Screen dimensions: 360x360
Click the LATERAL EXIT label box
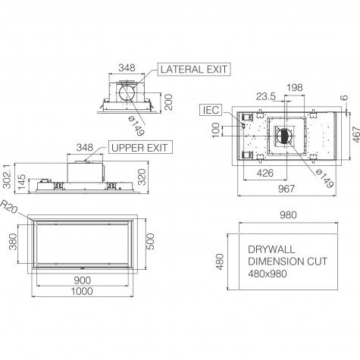(x=194, y=69)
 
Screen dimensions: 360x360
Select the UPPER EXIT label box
(x=140, y=147)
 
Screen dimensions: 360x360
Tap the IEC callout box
(x=211, y=110)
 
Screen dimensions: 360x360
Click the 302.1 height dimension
(x=8, y=176)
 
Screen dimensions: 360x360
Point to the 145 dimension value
(x=22, y=182)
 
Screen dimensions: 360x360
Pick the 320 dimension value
(x=142, y=177)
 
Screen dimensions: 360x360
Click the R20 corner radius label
(x=8, y=206)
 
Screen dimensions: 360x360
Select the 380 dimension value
(x=13, y=242)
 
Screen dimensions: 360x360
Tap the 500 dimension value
(x=150, y=242)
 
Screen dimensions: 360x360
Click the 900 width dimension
(x=83, y=280)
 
